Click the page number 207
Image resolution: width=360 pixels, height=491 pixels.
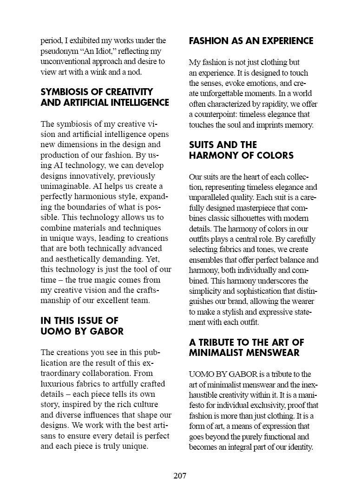tap(180, 476)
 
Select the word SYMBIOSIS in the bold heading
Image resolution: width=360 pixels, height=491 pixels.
tap(64, 92)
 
